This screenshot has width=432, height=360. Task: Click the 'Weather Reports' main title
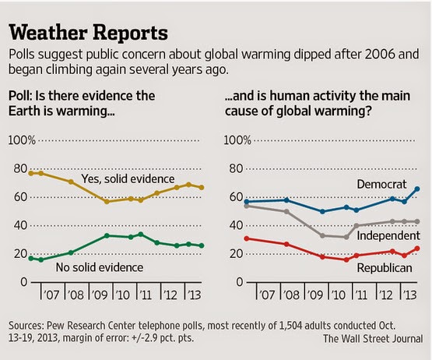point(88,33)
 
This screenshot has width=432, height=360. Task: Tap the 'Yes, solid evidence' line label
point(128,179)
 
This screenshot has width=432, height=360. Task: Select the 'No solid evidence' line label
point(100,267)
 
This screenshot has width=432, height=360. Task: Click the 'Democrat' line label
point(381,184)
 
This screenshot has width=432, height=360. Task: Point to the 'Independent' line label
point(388,235)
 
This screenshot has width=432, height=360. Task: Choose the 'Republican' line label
point(385,268)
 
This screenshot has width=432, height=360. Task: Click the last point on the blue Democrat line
point(417,189)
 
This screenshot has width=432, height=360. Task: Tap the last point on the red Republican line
point(417,249)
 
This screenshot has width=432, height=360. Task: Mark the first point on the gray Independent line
point(247,206)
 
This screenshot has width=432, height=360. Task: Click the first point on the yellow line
point(31,173)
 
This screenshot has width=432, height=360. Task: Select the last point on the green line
point(202,245)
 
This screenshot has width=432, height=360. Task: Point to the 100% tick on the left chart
point(22,140)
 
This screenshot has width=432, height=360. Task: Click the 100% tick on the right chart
point(237,140)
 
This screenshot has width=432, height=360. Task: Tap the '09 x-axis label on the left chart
point(99,295)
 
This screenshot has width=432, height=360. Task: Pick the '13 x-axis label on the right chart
point(409,295)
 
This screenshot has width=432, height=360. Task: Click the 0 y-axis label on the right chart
point(240,282)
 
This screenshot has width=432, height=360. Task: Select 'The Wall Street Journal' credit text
point(373,338)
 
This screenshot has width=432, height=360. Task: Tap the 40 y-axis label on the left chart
point(21,225)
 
